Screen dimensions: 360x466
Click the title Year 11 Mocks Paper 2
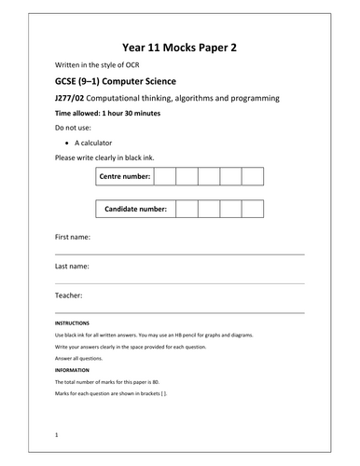pyautogui.click(x=179, y=47)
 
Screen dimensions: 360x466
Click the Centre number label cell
pyautogui.click(x=123, y=175)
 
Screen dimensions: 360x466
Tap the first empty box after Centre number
pyautogui.click(x=163, y=175)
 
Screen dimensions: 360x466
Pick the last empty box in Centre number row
pyautogui.click(x=252, y=175)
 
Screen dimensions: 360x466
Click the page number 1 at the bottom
pyautogui.click(x=57, y=434)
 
